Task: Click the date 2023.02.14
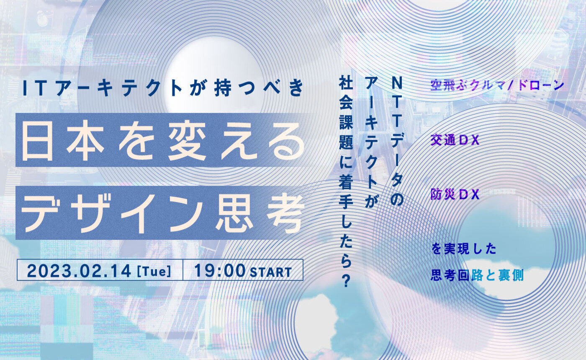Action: [x=79, y=271]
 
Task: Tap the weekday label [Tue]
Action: [x=154, y=271]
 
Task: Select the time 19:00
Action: [x=220, y=270]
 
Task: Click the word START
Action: [x=271, y=272]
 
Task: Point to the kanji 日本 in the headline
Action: [x=63, y=141]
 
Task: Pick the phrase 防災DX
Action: [x=455, y=194]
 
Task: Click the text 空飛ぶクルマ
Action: [x=468, y=85]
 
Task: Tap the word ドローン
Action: [x=540, y=85]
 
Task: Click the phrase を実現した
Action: [x=463, y=249]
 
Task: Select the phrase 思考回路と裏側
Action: [x=477, y=276]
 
